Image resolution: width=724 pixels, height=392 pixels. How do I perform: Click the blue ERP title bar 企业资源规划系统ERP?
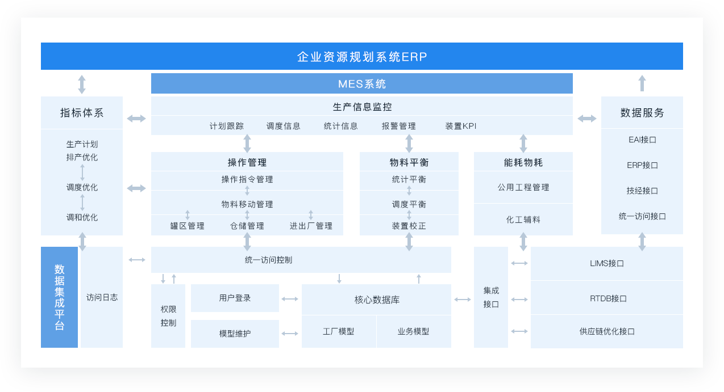click(362, 57)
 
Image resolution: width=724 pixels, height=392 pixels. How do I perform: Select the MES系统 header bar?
click(362, 84)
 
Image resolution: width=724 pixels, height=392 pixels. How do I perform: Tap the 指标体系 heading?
click(82, 113)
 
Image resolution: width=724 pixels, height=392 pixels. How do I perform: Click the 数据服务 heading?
click(642, 113)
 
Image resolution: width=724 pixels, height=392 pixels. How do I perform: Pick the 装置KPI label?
click(461, 126)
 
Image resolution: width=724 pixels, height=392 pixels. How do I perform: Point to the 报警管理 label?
click(398, 126)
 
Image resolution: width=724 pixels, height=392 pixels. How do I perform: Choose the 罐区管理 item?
click(188, 226)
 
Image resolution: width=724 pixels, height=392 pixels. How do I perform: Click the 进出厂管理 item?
click(311, 226)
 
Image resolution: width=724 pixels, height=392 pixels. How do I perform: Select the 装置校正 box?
click(409, 226)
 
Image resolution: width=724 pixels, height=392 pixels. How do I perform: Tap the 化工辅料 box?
click(523, 220)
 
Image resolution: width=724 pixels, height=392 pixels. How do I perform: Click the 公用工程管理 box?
click(523, 187)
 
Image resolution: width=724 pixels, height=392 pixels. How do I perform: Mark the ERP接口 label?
click(642, 165)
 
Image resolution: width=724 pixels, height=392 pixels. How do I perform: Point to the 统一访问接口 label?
click(642, 216)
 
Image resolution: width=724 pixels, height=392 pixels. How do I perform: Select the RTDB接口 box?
click(607, 298)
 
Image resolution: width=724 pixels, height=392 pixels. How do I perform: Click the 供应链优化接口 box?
click(607, 331)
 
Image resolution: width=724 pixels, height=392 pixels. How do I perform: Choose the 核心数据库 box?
click(377, 300)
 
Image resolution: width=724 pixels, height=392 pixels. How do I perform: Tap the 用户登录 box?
click(235, 298)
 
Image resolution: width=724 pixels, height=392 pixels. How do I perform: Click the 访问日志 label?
click(102, 297)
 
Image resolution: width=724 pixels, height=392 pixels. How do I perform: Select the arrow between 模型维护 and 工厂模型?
click(290, 334)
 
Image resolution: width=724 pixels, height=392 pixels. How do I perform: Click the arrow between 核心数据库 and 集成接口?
click(463, 300)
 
